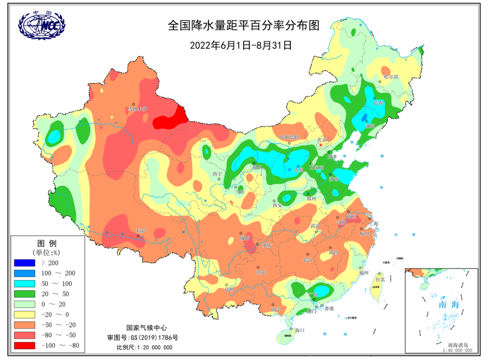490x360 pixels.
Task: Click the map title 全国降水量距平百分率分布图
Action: pos(244,25)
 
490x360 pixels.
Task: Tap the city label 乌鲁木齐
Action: pos(137,109)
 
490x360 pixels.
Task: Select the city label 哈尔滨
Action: pos(390,77)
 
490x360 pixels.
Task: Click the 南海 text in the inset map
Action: pos(449,304)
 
